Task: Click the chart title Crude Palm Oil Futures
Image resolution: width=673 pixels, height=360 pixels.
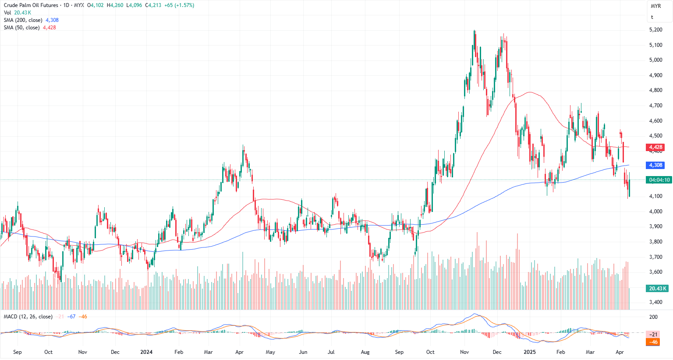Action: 31,5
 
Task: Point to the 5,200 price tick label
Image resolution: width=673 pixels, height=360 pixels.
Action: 655,30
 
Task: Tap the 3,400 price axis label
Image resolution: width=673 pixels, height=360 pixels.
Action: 655,302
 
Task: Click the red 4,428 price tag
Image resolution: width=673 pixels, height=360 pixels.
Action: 655,147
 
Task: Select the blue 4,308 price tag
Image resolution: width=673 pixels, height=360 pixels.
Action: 655,165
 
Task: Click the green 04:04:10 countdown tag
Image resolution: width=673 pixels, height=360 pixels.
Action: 659,180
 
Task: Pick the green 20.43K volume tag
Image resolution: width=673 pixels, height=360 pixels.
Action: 657,288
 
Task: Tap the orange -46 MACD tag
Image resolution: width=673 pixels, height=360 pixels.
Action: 653,342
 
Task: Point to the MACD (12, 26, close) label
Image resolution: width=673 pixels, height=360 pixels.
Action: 28,317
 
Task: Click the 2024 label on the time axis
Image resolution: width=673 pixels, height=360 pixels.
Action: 146,352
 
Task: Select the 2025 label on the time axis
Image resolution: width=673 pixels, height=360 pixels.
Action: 529,352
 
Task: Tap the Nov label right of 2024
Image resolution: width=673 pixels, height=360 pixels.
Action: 464,352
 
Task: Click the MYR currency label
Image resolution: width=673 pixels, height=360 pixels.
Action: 655,6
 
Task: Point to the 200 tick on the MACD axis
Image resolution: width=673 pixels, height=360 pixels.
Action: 653,317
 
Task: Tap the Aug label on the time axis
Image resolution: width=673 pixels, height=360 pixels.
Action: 365,352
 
